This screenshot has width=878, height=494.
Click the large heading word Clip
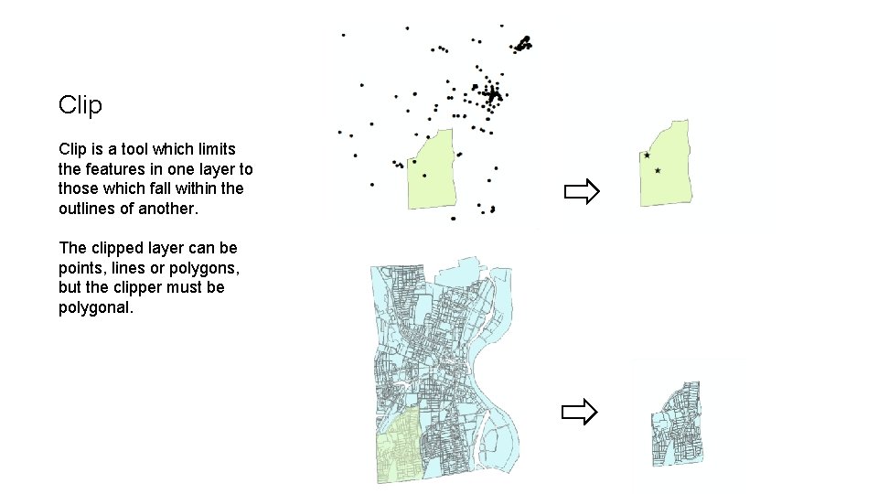point(80,105)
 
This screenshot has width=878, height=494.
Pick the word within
point(196,188)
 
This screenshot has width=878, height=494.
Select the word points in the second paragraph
point(80,268)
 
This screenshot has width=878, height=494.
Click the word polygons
point(201,268)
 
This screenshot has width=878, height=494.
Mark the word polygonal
point(96,308)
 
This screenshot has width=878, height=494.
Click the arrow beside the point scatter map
point(581,192)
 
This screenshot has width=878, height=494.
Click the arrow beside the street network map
point(579,413)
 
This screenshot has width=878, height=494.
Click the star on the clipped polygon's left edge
point(647,156)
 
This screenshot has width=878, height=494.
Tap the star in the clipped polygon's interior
point(658,171)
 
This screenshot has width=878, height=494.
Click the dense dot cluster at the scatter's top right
point(523,43)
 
